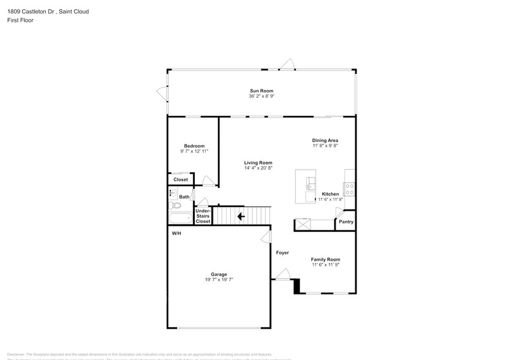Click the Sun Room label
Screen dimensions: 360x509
(x=261, y=91)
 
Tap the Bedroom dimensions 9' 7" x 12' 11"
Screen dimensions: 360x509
(x=194, y=151)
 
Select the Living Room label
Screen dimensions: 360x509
(x=258, y=162)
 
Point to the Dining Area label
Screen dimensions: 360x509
(x=325, y=140)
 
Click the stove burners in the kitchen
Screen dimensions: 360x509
(x=349, y=189)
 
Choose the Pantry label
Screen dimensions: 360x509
(x=346, y=222)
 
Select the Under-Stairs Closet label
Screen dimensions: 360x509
(x=203, y=216)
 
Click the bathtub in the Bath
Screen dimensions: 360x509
(x=180, y=217)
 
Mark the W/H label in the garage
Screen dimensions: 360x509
(x=176, y=234)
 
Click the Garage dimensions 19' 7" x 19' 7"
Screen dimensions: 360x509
(x=219, y=279)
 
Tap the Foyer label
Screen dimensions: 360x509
(x=282, y=252)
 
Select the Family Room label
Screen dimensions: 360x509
(x=325, y=259)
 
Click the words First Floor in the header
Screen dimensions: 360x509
(x=21, y=20)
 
